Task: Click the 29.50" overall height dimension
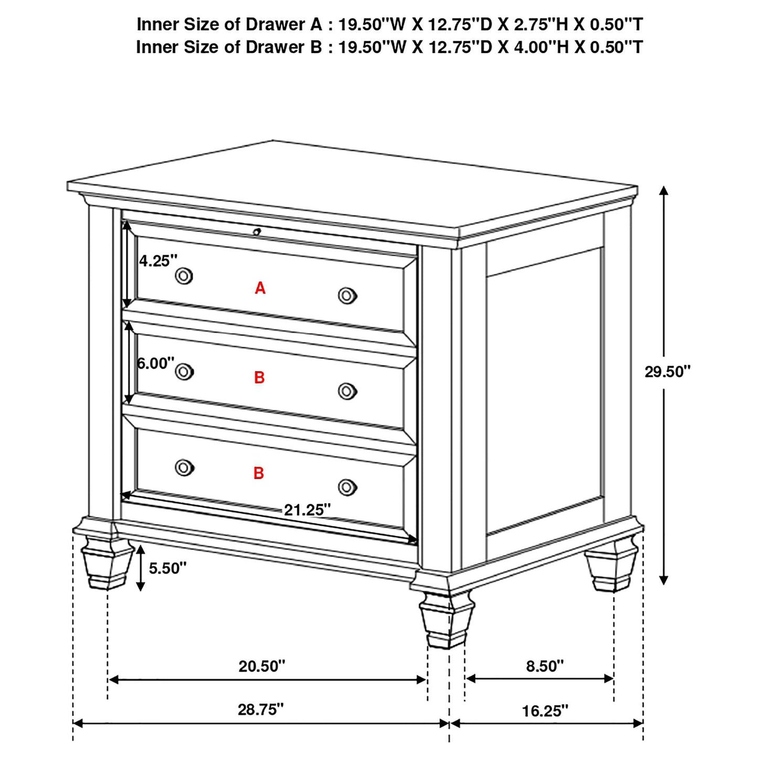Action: click(x=667, y=372)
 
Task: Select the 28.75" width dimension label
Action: click(x=261, y=709)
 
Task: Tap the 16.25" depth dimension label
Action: click(x=545, y=711)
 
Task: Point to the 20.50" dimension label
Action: click(x=262, y=666)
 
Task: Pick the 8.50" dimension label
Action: click(x=545, y=666)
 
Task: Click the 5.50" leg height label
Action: click(x=167, y=568)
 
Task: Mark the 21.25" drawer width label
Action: click(x=307, y=509)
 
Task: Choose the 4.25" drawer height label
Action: click(x=158, y=261)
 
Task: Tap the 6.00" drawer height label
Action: click(x=155, y=363)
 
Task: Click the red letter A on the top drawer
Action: click(x=260, y=288)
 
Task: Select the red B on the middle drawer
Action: click(x=259, y=378)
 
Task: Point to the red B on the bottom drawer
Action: click(x=259, y=473)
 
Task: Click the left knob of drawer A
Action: click(x=184, y=275)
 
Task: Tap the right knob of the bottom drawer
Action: click(x=347, y=487)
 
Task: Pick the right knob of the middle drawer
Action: click(x=347, y=391)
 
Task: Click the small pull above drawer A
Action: click(x=257, y=231)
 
